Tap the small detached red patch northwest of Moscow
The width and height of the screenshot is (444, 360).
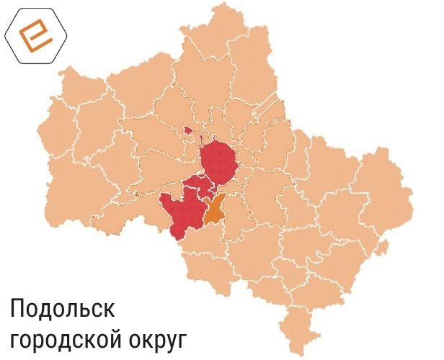[188, 130]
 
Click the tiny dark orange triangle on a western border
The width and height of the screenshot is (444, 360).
[137, 194]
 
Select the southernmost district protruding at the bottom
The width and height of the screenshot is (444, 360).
[298, 328]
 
